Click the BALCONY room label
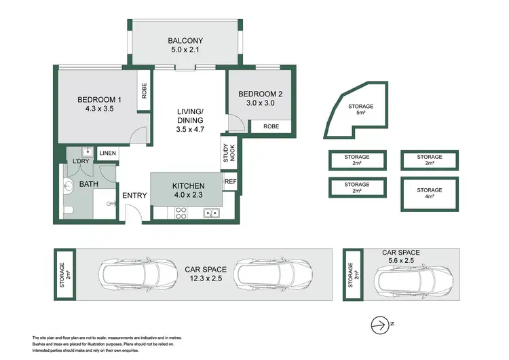(x=185, y=41)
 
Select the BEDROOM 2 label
(x=261, y=93)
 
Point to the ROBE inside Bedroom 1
(x=144, y=90)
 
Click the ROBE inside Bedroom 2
(x=271, y=126)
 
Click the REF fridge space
(x=230, y=181)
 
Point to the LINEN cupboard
(x=108, y=154)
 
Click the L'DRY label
(x=80, y=161)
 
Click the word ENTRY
(x=134, y=196)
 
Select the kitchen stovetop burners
(x=181, y=213)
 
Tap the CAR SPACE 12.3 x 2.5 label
(x=204, y=274)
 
